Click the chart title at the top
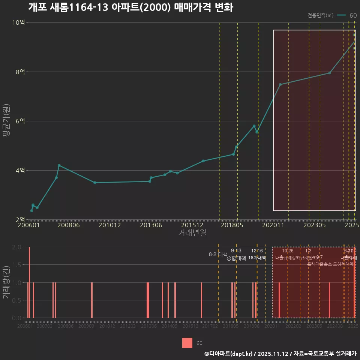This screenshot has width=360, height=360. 130,7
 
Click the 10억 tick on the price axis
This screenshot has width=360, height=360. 18,22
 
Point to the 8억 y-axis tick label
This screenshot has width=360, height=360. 20,72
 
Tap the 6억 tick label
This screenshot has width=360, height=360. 20,121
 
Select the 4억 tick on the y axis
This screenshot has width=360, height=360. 20,171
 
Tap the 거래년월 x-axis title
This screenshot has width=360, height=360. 192,233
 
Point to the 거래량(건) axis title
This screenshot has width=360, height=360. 6,282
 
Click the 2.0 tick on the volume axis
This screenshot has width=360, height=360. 16,247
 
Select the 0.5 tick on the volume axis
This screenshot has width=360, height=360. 16,300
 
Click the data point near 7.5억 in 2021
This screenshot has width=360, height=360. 280,84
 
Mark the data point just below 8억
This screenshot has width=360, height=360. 329,73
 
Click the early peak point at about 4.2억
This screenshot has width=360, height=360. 59,165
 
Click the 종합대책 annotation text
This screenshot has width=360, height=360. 236,258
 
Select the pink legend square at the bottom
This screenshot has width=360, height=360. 187,343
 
